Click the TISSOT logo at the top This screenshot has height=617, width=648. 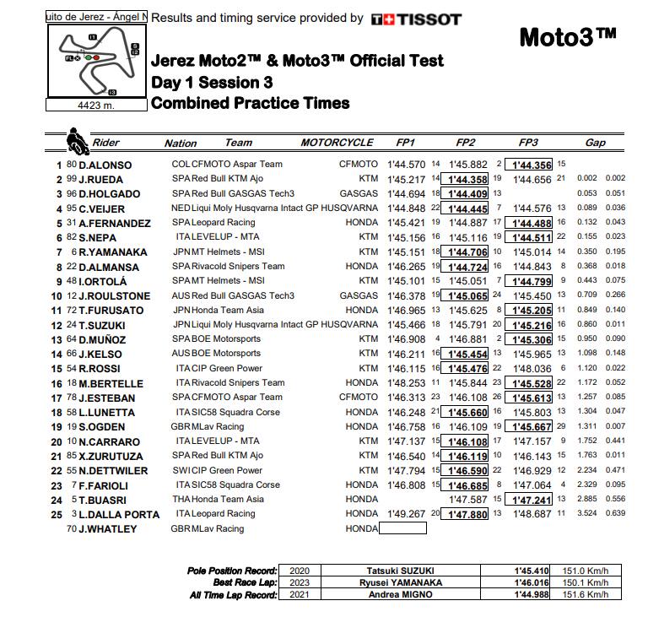[416, 19]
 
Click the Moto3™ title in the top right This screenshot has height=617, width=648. [567, 38]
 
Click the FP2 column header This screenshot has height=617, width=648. [465, 143]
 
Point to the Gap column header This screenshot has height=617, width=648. [596, 143]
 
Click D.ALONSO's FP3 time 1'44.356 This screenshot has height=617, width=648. [527, 165]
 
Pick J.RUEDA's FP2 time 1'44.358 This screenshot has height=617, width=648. [467, 179]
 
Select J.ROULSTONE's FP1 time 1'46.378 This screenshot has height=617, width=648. [408, 295]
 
